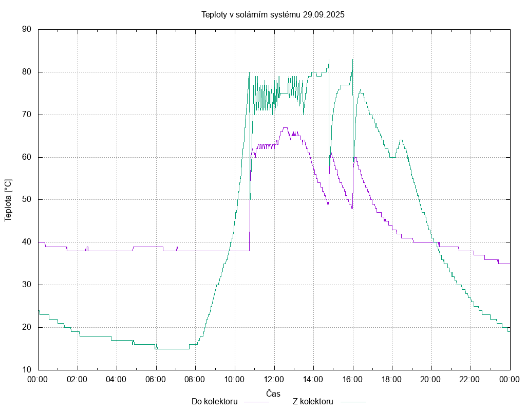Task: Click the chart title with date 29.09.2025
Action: [273, 14]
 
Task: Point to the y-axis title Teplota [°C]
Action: [8, 200]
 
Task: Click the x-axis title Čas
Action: [273, 394]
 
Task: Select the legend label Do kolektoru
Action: [214, 402]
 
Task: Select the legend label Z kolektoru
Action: [313, 402]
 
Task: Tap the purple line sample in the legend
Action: [256, 402]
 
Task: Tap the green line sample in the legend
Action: [352, 402]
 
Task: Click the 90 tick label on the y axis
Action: [27, 30]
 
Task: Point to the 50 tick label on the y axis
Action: [27, 200]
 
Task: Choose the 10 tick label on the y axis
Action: [27, 370]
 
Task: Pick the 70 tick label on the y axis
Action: [27, 115]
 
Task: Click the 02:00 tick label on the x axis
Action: [78, 380]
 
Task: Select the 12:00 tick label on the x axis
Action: [274, 380]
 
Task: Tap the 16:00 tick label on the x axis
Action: [352, 380]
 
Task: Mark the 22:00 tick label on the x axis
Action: [471, 380]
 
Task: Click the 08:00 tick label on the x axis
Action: [195, 380]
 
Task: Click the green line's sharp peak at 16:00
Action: [353, 60]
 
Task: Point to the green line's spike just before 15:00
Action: [329, 60]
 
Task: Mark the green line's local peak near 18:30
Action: [401, 140]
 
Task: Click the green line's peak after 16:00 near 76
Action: [360, 90]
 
